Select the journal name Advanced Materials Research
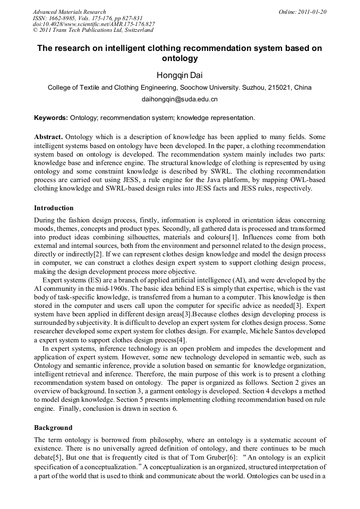click(69, 12)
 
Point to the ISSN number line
click(88, 18)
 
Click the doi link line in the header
click(93, 24)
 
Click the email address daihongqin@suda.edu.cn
click(179, 99)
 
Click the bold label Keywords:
click(50, 117)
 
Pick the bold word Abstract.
click(48, 136)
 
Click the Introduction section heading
click(54, 208)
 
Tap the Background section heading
click(53, 427)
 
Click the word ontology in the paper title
click(179, 58)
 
